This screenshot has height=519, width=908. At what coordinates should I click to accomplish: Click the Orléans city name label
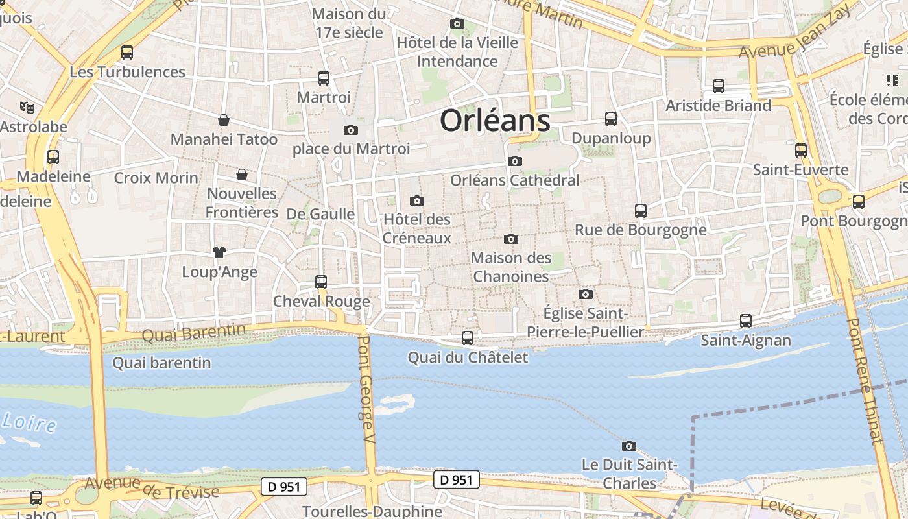point(495,121)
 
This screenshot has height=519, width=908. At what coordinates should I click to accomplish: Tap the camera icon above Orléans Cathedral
point(515,161)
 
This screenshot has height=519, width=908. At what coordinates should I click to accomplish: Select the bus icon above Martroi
point(324,78)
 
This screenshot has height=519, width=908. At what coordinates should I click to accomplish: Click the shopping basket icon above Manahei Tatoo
point(224,120)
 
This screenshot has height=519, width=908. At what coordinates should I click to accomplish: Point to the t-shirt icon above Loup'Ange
point(219,252)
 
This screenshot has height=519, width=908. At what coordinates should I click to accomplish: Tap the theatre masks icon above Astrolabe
point(27,107)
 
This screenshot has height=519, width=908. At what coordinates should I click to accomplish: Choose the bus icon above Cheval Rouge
point(321,282)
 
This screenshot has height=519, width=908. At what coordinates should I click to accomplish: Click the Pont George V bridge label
point(367,389)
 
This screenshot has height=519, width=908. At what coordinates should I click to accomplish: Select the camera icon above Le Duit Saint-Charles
point(628,446)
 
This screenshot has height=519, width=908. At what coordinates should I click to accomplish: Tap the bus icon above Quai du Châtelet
point(468,337)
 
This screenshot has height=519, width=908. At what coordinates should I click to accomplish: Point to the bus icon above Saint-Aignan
point(746,320)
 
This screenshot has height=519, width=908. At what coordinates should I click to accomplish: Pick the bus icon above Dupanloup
point(611,118)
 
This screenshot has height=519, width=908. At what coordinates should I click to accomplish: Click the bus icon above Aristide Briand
point(719,86)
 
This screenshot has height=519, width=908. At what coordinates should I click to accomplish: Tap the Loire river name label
point(29,422)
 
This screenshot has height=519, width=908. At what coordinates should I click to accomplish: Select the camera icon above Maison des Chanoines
point(511,239)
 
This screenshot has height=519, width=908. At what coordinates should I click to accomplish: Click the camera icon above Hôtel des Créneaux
point(417,200)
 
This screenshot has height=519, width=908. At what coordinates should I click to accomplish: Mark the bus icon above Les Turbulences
point(127,52)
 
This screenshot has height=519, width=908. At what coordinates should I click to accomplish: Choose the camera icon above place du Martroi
point(351,130)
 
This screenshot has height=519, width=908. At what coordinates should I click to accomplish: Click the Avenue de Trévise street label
point(152,488)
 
